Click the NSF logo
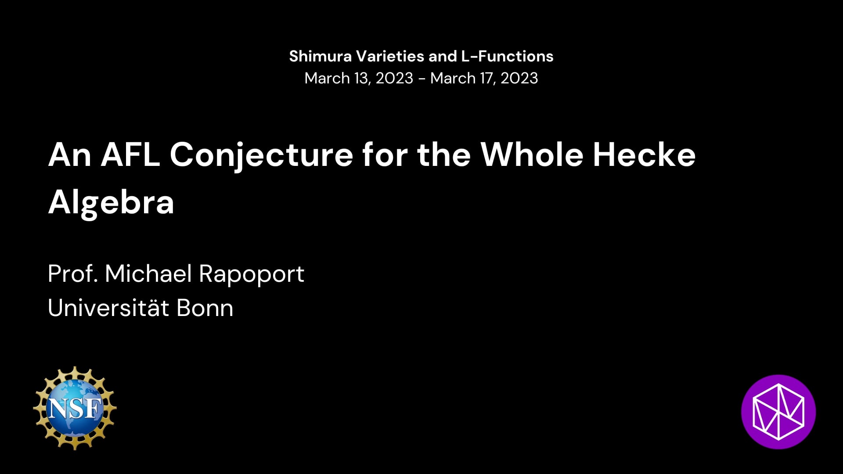(x=75, y=408)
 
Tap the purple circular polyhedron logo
(x=778, y=412)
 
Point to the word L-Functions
(x=507, y=56)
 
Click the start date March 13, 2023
(x=359, y=78)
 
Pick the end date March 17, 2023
(x=484, y=78)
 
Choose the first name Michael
(x=148, y=273)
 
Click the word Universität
(x=108, y=308)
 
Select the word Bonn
(x=205, y=308)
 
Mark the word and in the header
(x=443, y=56)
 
